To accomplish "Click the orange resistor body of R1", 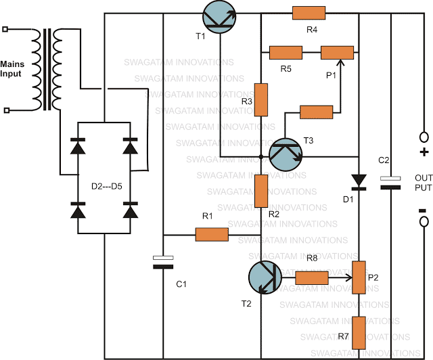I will pyautogui.click(x=212, y=235).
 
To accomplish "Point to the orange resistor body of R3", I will pyautogui.click(x=262, y=99).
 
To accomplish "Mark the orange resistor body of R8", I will pyautogui.click(x=312, y=277).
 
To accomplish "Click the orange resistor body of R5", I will pyautogui.click(x=286, y=52).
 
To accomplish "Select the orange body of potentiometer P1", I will pyautogui.click(x=337, y=52).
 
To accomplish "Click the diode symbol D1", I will pyautogui.click(x=359, y=180).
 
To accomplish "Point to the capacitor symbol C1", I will pyautogui.click(x=161, y=262).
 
